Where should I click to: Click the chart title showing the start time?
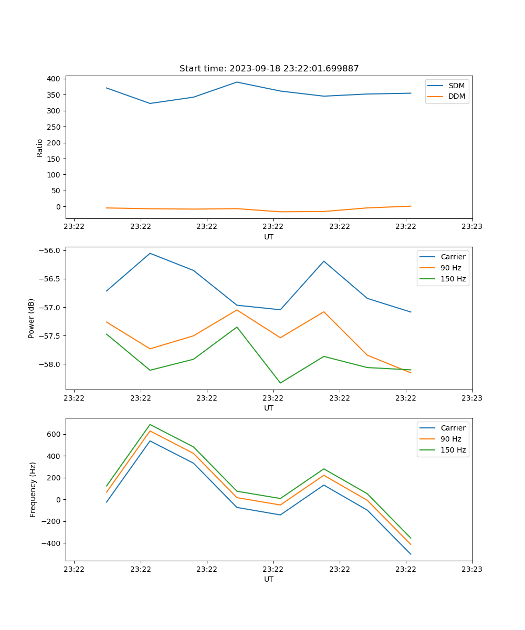pyautogui.click(x=269, y=68)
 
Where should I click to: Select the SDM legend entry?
pyautogui.click(x=456, y=86)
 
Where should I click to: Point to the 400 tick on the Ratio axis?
pyautogui.click(x=54, y=79)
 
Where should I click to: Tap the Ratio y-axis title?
pyautogui.click(x=40, y=148)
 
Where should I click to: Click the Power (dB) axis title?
pyautogui.click(x=31, y=318)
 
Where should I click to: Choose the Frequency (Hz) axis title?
pyautogui.click(x=33, y=489)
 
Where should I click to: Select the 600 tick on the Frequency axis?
pyautogui.click(x=54, y=434)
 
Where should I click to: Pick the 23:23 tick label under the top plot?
pyautogui.click(x=471, y=227)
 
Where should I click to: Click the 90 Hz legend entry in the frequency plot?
pyautogui.click(x=451, y=439)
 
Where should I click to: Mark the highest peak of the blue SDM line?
pyautogui.click(x=237, y=82)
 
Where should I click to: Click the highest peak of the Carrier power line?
pyautogui.click(x=150, y=253)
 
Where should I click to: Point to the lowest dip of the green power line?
pyautogui.click(x=280, y=383)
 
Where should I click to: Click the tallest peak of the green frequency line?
pyautogui.click(x=150, y=424)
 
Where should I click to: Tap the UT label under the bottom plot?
pyautogui.click(x=269, y=579)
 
